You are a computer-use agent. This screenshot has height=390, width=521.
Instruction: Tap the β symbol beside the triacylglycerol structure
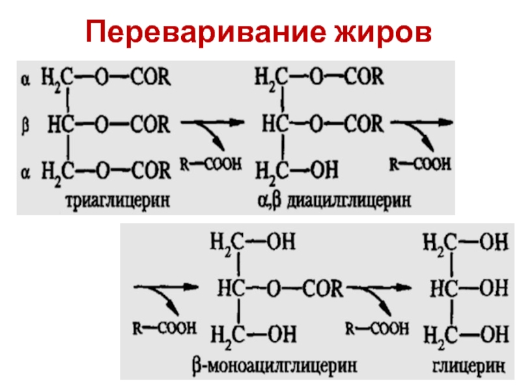point(26,123)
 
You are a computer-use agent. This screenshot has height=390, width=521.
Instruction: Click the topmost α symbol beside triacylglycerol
point(26,79)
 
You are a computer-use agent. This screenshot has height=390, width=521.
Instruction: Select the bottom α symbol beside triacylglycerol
point(26,170)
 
